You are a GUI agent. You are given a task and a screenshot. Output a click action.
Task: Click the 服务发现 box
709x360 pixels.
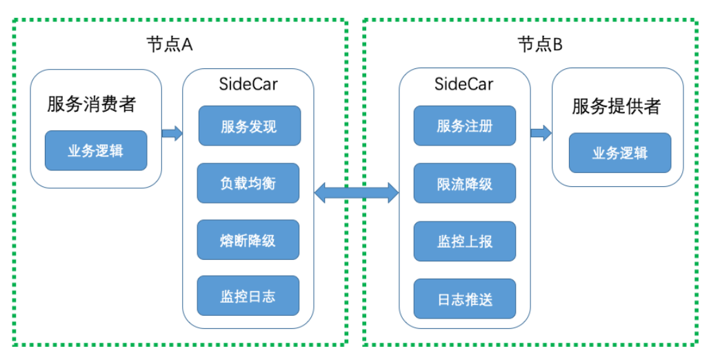point(249,126)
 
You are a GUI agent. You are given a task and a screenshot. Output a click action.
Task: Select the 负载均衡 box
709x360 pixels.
point(248,183)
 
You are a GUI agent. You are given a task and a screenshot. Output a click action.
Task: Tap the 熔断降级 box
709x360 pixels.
point(248,240)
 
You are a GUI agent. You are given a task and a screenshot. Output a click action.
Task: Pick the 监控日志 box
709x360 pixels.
point(248,297)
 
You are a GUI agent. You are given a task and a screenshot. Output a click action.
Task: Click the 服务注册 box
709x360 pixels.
point(465,126)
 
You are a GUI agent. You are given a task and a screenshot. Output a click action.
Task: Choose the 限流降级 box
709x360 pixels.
point(465,183)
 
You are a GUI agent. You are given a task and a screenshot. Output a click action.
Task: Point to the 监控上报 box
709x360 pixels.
point(465,241)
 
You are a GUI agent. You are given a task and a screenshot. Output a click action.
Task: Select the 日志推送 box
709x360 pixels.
point(465,299)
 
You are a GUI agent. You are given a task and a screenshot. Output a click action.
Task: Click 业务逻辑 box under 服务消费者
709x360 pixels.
point(96,150)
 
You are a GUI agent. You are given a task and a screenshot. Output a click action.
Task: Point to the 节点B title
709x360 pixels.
point(540,45)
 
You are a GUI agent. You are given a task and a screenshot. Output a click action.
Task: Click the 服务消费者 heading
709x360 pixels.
point(92,105)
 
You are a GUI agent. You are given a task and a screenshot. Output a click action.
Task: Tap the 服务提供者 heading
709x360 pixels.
point(617,106)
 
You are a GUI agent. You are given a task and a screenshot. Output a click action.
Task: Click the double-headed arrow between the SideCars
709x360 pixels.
point(357,192)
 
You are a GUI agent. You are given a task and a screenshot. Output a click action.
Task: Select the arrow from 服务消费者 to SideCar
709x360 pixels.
point(172,133)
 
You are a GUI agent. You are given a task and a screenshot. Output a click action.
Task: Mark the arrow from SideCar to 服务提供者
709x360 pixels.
point(541,133)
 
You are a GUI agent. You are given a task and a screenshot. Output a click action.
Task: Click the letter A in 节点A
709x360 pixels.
point(186,45)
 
